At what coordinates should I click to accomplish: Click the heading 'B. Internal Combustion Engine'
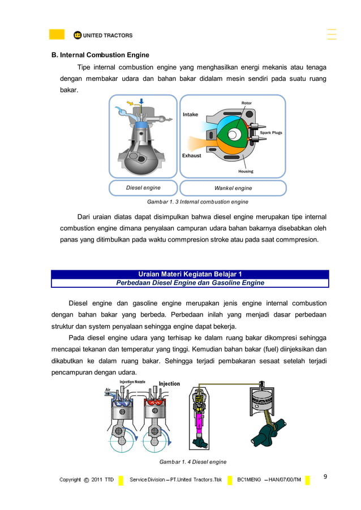point(100,55)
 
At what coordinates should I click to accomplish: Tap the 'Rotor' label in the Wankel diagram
point(247,103)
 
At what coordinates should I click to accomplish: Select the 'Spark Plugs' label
point(270,133)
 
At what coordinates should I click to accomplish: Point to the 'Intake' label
point(190,115)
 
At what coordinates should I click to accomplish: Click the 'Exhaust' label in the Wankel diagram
point(191,155)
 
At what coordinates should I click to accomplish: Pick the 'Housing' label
point(246,171)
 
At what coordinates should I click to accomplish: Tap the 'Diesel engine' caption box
point(143,188)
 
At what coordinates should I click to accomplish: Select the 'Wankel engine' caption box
point(233,188)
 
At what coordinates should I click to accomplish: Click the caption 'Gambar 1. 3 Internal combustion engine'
point(197,201)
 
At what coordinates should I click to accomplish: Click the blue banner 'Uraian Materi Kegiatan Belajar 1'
point(190,274)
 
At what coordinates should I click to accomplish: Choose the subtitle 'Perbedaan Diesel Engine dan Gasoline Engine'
point(190,283)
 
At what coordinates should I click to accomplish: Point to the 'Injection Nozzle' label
point(132,382)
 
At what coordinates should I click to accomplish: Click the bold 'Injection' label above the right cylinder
point(169,384)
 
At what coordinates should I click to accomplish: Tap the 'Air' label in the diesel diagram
point(108,390)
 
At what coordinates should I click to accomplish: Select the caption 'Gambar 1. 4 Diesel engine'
point(192,462)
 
